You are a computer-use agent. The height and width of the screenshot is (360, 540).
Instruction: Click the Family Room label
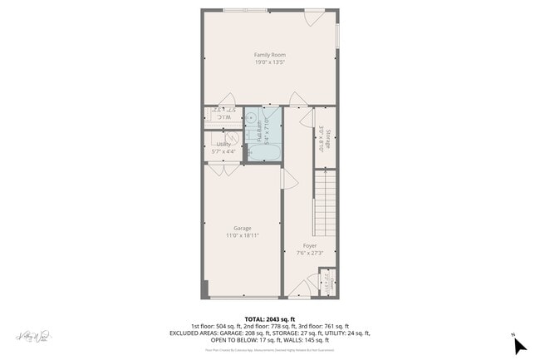pyautogui.click(x=270, y=55)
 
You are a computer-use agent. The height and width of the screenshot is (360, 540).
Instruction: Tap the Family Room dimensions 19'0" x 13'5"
pyautogui.click(x=270, y=62)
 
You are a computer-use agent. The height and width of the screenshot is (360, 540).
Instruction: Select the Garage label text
pyautogui.click(x=242, y=228)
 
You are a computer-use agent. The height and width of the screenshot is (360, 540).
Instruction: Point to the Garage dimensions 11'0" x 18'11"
pyautogui.click(x=242, y=235)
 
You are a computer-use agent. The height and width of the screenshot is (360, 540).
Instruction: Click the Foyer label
pyautogui.click(x=309, y=245)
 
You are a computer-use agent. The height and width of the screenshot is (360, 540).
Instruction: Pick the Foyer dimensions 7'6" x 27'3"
pyautogui.click(x=309, y=253)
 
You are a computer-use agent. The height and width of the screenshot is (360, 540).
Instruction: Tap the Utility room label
pyautogui.click(x=223, y=144)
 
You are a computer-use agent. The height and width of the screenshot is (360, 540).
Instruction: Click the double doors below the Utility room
pyautogui.click(x=223, y=170)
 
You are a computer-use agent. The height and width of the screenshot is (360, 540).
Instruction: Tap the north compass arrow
pyautogui.click(x=519, y=343)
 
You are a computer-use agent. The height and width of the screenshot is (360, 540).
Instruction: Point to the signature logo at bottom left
pyautogui.click(x=33, y=336)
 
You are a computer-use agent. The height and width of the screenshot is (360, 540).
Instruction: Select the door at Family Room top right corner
pyautogui.click(x=313, y=17)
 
